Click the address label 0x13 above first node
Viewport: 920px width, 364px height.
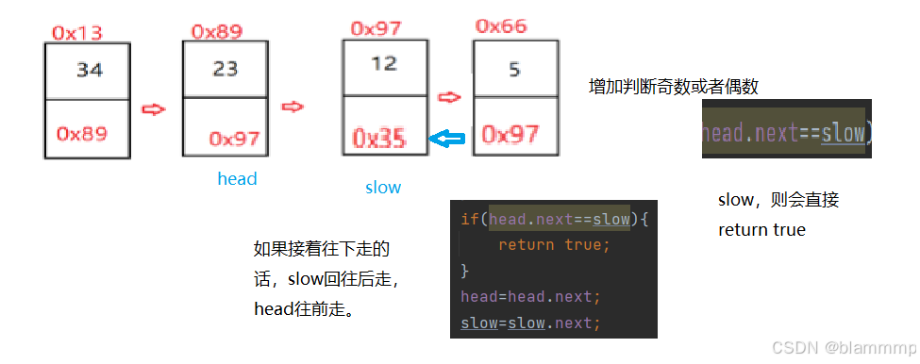tap(76, 33)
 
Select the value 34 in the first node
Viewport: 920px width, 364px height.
tap(90, 69)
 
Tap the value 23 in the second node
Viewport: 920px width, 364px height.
tap(226, 69)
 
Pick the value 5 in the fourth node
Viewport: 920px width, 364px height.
tap(514, 68)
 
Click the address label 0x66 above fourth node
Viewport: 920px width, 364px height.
tap(501, 26)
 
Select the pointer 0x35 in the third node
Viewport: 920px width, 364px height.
tap(379, 139)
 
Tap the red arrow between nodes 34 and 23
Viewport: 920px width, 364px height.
tap(153, 109)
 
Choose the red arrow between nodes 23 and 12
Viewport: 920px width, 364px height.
tap(293, 106)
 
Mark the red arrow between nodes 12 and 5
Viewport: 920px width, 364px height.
tap(449, 96)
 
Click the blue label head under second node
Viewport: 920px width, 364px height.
tap(237, 178)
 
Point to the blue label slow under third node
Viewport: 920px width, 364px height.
tap(383, 187)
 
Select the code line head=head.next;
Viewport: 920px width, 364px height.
tap(530, 296)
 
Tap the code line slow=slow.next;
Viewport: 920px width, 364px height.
tap(530, 323)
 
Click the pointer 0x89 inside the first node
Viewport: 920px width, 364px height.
tap(81, 134)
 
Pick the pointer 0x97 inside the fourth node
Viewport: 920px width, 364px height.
tap(510, 134)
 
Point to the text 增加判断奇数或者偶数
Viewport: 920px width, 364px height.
tap(673, 87)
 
